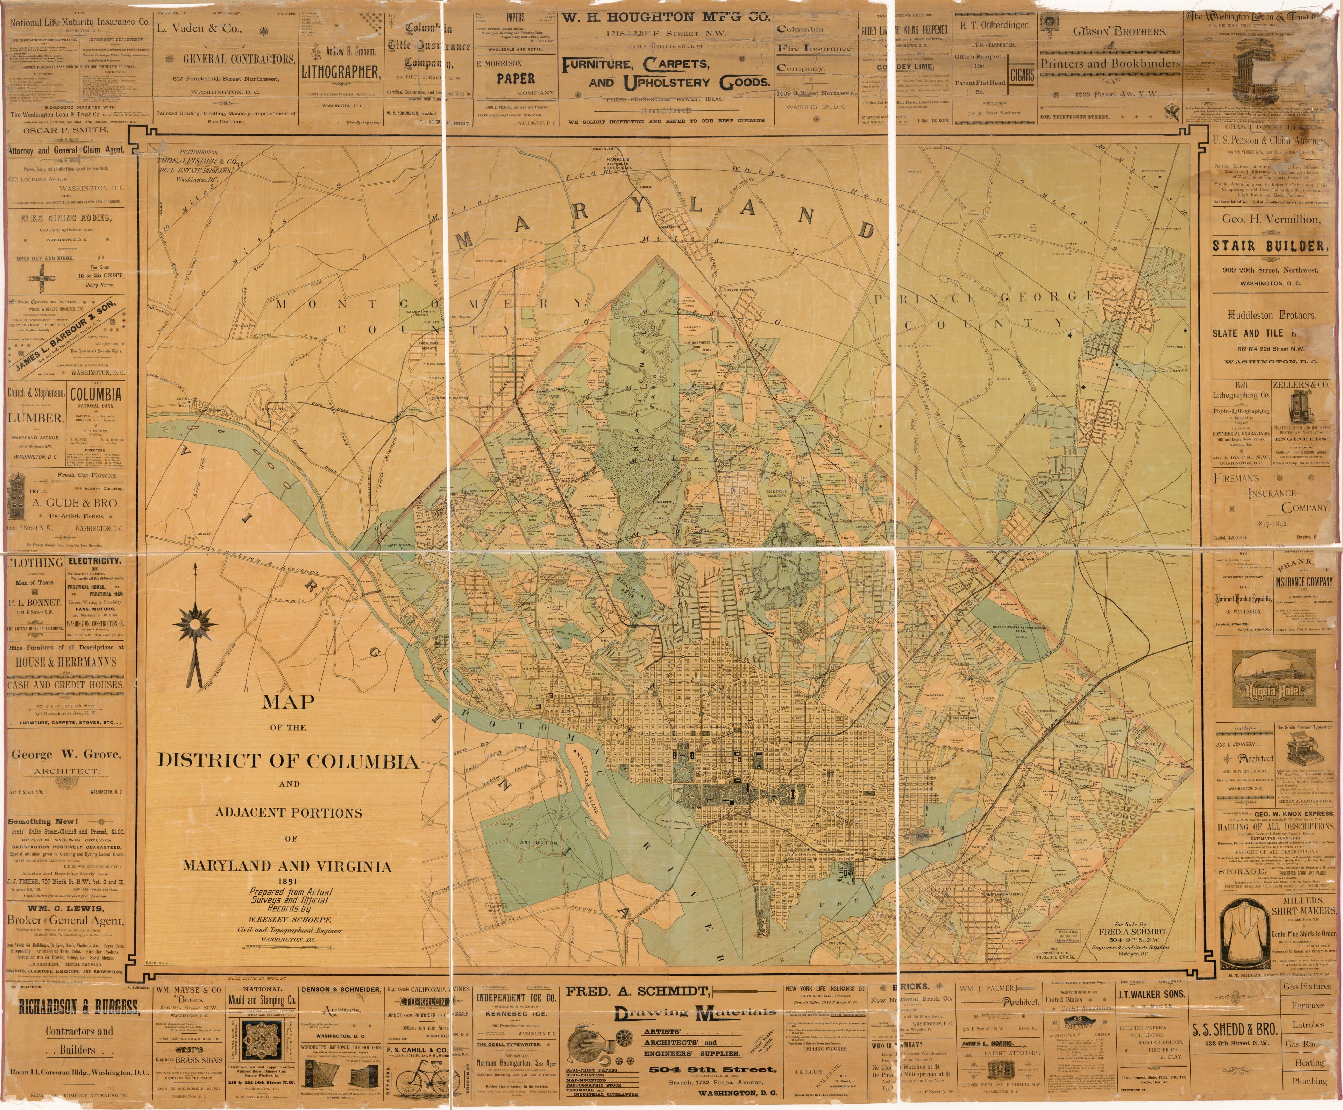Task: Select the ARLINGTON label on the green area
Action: (x=538, y=843)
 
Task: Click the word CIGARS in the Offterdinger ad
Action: (x=1022, y=75)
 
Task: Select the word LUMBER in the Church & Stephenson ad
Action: (x=35, y=418)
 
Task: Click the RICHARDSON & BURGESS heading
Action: (x=78, y=1008)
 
